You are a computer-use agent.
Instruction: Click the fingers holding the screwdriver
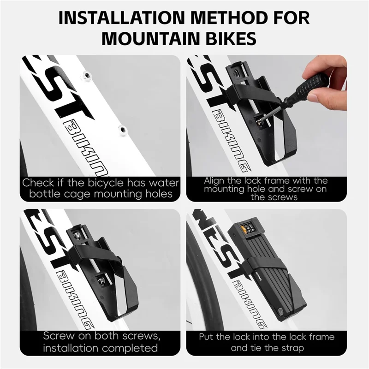point(332,74)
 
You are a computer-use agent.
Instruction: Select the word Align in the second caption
point(215,180)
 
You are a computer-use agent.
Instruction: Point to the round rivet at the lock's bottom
point(280,310)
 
